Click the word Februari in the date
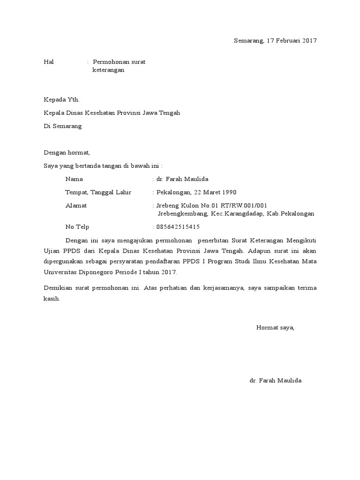(x=286, y=41)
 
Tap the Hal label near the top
(x=49, y=62)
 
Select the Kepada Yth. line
(x=62, y=99)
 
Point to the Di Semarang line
(x=62, y=126)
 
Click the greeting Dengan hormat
(x=66, y=152)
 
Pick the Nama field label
(x=74, y=179)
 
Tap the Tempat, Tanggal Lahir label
(x=98, y=192)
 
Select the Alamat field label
(x=76, y=205)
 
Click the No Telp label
(x=77, y=227)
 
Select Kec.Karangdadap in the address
(x=237, y=214)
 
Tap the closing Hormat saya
(x=275, y=328)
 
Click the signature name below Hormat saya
(x=276, y=381)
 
